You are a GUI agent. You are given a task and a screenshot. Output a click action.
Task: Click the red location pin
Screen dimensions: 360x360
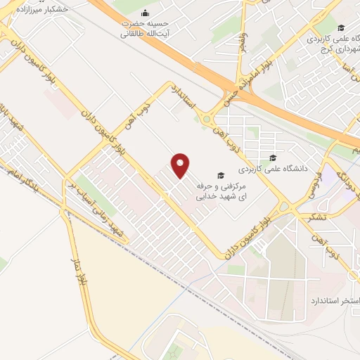[181, 165]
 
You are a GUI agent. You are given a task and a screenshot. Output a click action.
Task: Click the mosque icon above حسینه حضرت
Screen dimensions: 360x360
[145, 13]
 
